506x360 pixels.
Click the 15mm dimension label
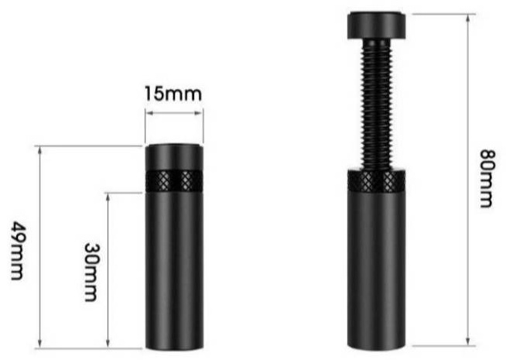pyautogui.click(x=173, y=94)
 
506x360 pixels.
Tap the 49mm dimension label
pyautogui.click(x=17, y=251)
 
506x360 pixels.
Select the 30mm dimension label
pyautogui.click(x=91, y=273)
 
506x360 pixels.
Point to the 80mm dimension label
pyautogui.click(x=487, y=178)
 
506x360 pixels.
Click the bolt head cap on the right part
pyautogui.click(x=377, y=26)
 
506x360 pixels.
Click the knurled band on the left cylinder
pyautogui.click(x=174, y=180)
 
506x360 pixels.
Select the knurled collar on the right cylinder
pyautogui.click(x=376, y=181)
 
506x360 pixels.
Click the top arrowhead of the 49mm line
pyautogui.click(x=39, y=150)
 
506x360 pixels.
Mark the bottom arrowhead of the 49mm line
pyautogui.click(x=39, y=345)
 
